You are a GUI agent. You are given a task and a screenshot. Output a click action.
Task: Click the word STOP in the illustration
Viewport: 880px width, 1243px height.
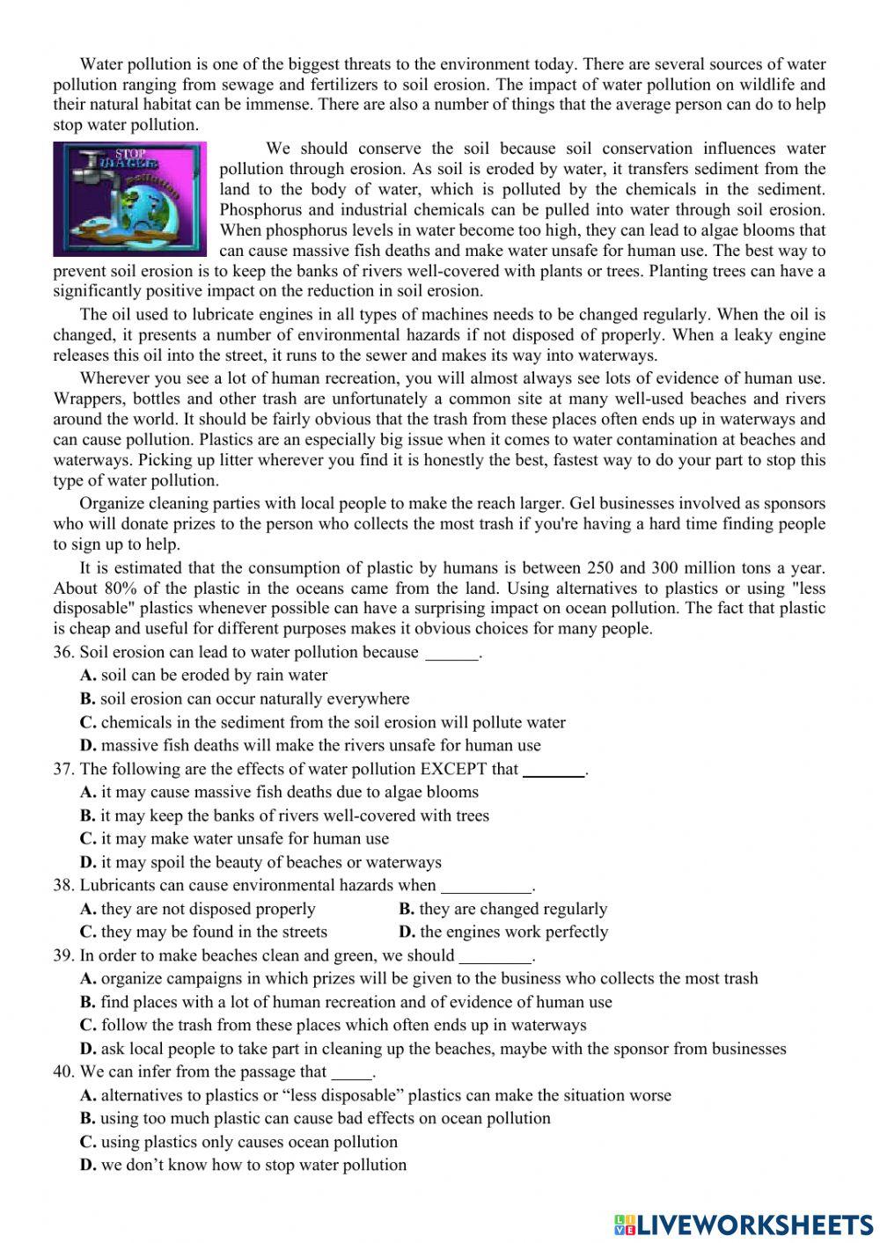132,154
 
